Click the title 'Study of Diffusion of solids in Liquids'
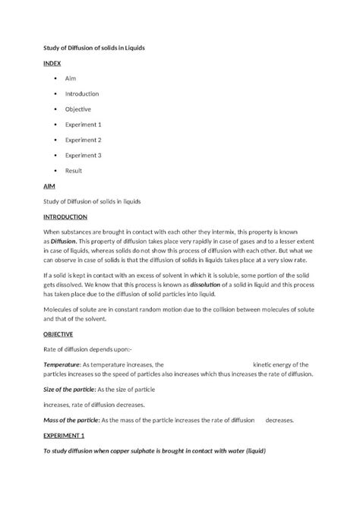point(93,48)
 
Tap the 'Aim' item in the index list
point(71,78)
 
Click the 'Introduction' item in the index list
point(82,93)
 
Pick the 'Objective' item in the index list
point(78,109)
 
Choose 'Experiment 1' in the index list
point(84,125)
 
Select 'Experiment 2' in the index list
point(84,140)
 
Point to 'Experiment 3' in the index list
point(84,156)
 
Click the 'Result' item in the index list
point(74,171)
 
